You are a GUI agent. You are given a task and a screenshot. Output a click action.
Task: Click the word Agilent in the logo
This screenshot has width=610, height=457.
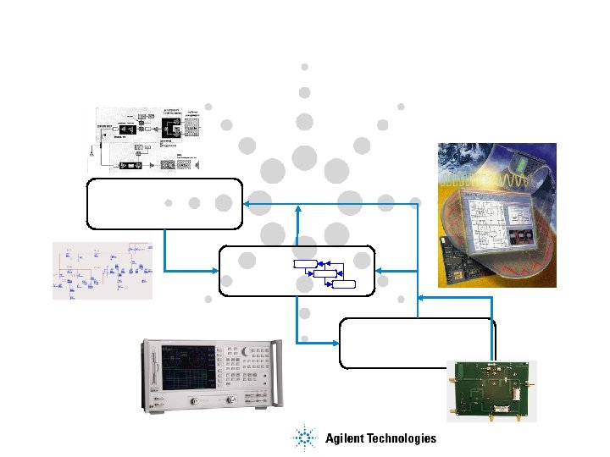[x=347, y=438]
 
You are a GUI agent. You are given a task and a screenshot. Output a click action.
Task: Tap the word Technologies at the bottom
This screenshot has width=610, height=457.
[x=402, y=438]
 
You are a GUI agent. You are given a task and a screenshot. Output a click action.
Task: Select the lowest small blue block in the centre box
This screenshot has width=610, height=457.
[x=344, y=284]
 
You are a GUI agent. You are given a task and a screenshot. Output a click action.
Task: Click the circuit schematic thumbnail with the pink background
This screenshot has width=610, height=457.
[x=103, y=270]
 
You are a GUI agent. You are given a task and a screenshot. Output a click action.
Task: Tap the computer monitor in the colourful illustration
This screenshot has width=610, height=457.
[x=500, y=228]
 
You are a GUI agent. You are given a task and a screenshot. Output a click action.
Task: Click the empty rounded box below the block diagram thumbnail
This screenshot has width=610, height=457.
[x=164, y=204]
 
